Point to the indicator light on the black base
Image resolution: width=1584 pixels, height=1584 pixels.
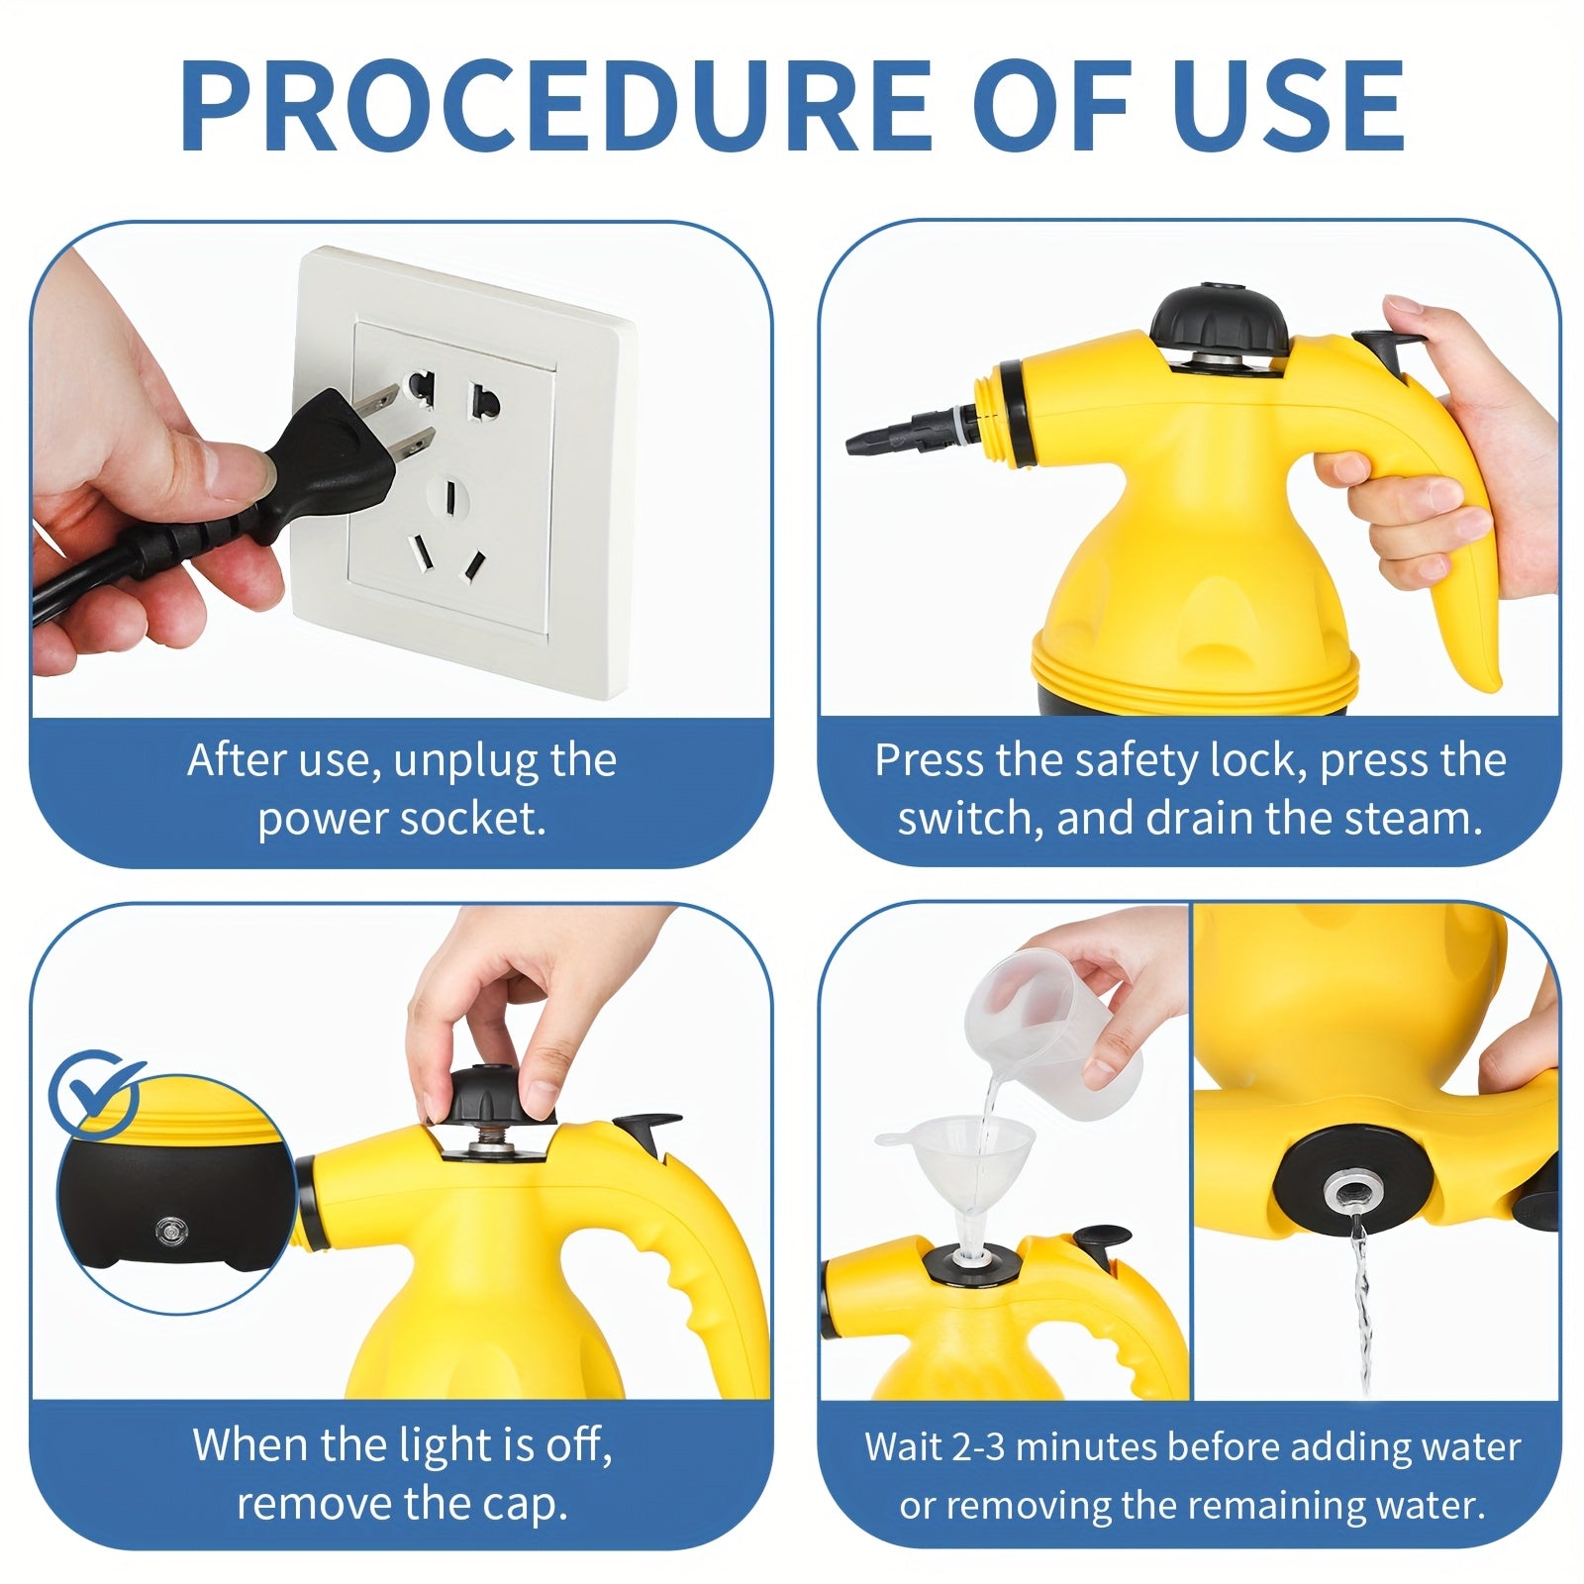[x=167, y=1231]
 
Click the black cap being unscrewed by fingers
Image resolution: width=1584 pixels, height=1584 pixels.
[x=485, y=1094]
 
